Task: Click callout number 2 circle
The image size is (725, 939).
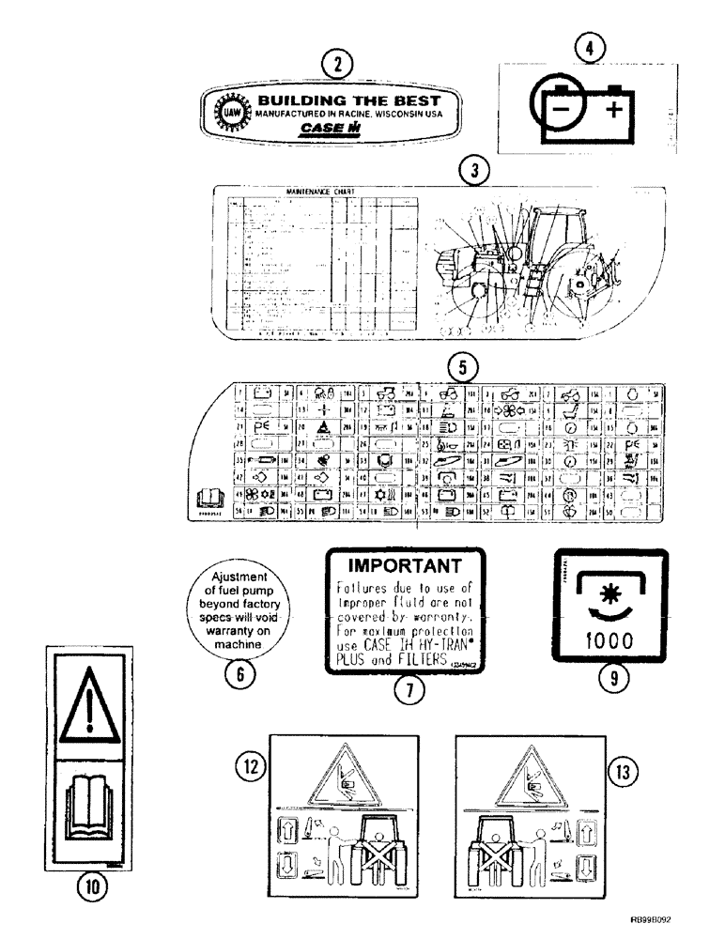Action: point(335,65)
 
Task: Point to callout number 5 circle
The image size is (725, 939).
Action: point(459,363)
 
